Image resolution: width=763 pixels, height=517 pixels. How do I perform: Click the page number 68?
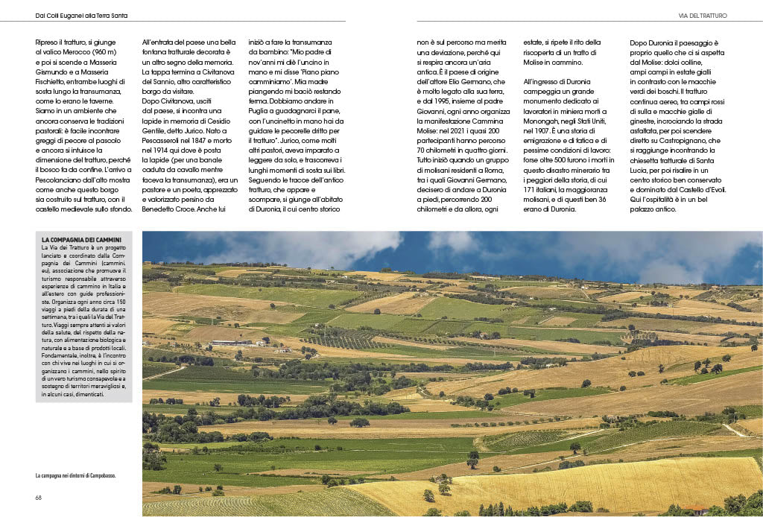coord(39,498)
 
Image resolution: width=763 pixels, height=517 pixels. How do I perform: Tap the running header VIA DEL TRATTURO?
coord(702,15)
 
